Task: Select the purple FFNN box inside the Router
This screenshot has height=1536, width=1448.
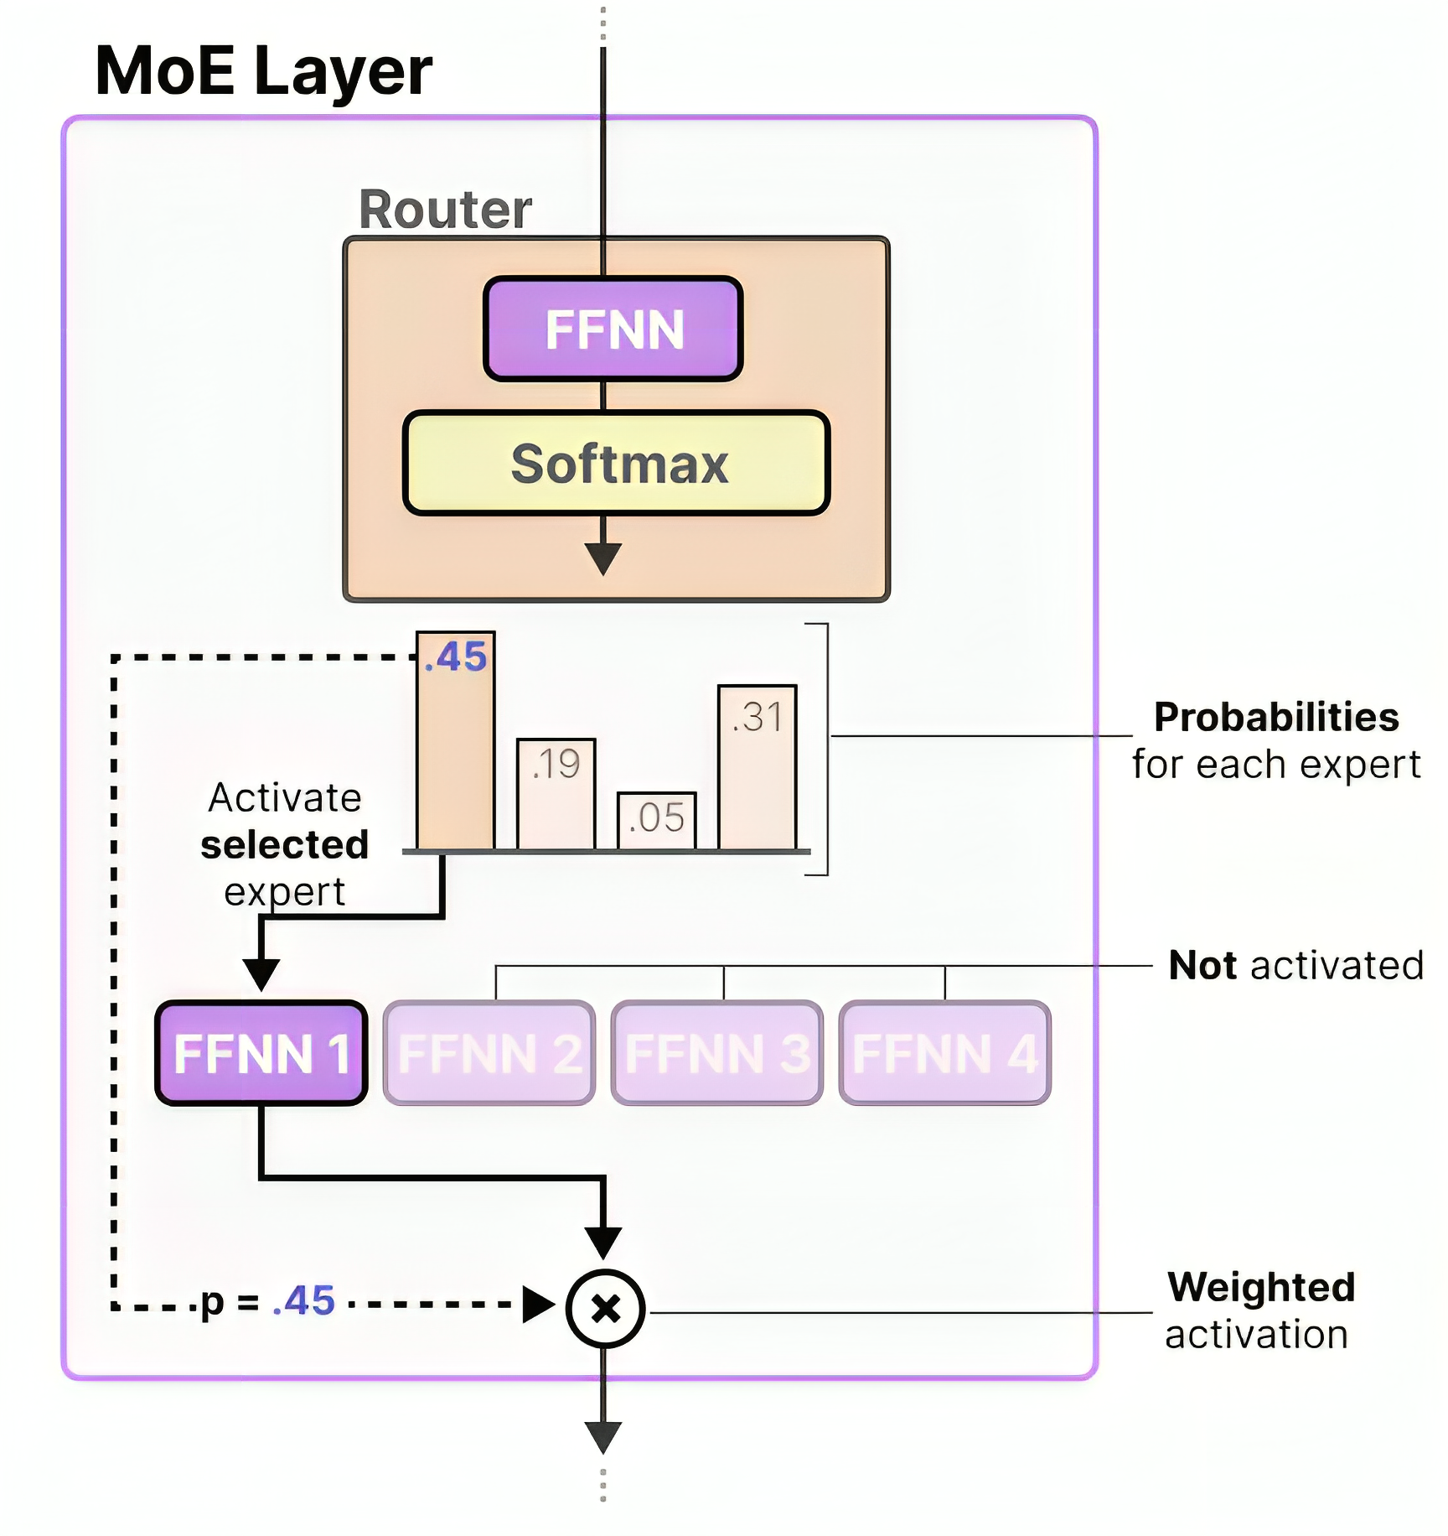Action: pyautogui.click(x=613, y=329)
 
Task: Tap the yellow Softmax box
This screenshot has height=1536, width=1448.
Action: pyautogui.click(x=617, y=463)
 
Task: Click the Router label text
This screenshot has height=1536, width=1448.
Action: pyautogui.click(x=445, y=209)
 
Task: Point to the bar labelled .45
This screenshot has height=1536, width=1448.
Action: pyautogui.click(x=456, y=741)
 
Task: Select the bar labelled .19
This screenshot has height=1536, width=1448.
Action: pyautogui.click(x=556, y=794)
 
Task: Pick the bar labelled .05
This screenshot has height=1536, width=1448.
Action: pyautogui.click(x=657, y=821)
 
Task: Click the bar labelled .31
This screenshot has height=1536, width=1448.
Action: pyautogui.click(x=758, y=767)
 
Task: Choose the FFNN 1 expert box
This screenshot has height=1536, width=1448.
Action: pyautogui.click(x=261, y=1053)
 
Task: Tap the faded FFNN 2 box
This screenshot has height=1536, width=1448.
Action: pyautogui.click(x=489, y=1053)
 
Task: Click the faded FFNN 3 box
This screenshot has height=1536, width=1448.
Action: pyautogui.click(x=717, y=1053)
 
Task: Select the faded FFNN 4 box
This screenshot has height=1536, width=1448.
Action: pyautogui.click(x=945, y=1053)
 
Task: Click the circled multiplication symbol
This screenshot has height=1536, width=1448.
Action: pyautogui.click(x=605, y=1309)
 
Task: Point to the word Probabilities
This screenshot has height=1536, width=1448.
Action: pyautogui.click(x=1276, y=718)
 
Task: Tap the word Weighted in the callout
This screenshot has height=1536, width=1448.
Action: pyautogui.click(x=1261, y=1287)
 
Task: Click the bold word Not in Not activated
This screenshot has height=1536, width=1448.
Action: pyautogui.click(x=1202, y=966)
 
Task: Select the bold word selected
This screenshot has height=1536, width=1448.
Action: pyautogui.click(x=285, y=844)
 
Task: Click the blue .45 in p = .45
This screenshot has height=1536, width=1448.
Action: pyautogui.click(x=304, y=1301)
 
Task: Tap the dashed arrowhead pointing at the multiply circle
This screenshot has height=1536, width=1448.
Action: pyautogui.click(x=539, y=1305)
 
